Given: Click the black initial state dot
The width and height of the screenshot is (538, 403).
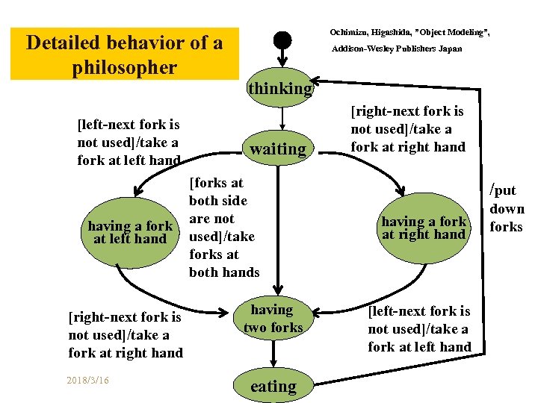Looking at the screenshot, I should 282,40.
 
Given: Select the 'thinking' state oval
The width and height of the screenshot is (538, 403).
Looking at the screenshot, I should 280,88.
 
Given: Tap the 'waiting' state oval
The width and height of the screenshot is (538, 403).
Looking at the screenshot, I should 278,149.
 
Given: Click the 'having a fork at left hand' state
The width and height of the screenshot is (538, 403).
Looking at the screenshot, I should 129,232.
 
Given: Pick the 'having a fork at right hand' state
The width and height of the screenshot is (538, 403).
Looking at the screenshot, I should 424,227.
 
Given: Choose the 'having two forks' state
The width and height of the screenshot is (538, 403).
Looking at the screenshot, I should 271,318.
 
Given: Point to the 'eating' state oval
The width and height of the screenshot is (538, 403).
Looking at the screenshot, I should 273,386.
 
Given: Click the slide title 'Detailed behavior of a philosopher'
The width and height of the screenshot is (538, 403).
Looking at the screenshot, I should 124,54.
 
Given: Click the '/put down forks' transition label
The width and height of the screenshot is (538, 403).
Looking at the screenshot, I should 506,208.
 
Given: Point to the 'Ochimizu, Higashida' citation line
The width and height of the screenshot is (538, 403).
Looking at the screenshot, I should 409,32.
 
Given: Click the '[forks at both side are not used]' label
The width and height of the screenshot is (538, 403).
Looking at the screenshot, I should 223,227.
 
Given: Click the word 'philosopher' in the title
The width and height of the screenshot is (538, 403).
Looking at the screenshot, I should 124,67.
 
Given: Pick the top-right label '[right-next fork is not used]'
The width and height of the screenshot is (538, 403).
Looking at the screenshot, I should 407,128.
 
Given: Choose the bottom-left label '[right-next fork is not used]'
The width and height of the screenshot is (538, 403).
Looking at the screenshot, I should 125,334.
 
